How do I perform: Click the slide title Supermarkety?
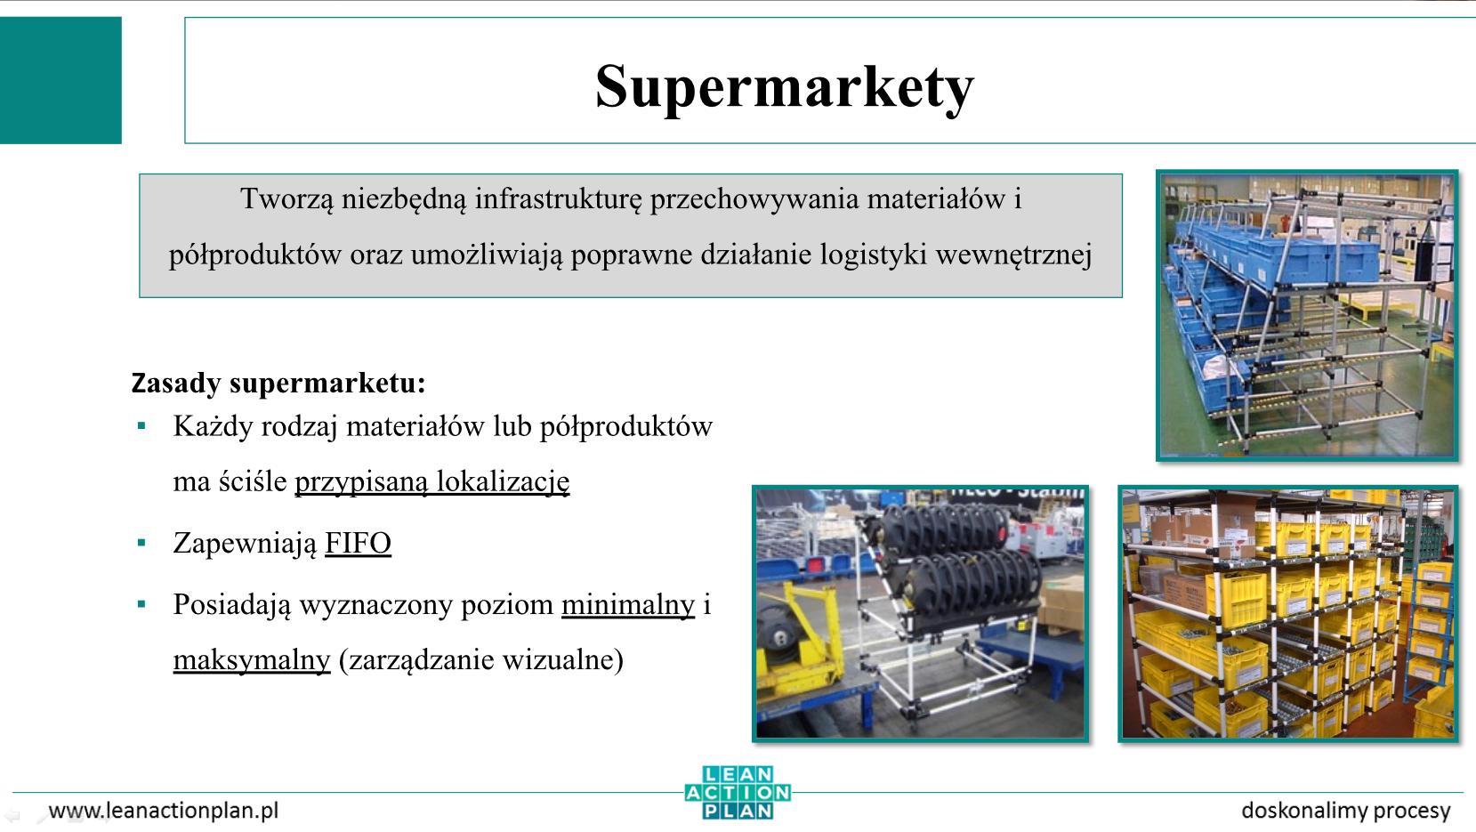click(784, 87)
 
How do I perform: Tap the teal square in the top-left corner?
click(60, 80)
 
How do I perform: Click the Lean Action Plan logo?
click(738, 793)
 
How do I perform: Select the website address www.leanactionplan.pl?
click(164, 811)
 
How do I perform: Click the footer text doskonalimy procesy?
click(1345, 811)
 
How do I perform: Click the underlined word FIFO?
click(358, 543)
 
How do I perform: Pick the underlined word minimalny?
click(628, 604)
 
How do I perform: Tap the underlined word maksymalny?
click(252, 660)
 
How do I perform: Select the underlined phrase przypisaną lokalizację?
click(432, 482)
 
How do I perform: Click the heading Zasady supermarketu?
click(278, 383)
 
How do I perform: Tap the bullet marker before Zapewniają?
click(141, 543)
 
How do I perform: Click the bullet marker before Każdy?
click(141, 426)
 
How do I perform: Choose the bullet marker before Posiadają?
click(141, 604)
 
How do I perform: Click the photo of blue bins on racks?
click(1307, 315)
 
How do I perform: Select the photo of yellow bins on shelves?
click(1288, 614)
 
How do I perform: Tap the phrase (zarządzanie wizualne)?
click(481, 660)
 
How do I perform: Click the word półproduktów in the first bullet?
click(626, 427)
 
